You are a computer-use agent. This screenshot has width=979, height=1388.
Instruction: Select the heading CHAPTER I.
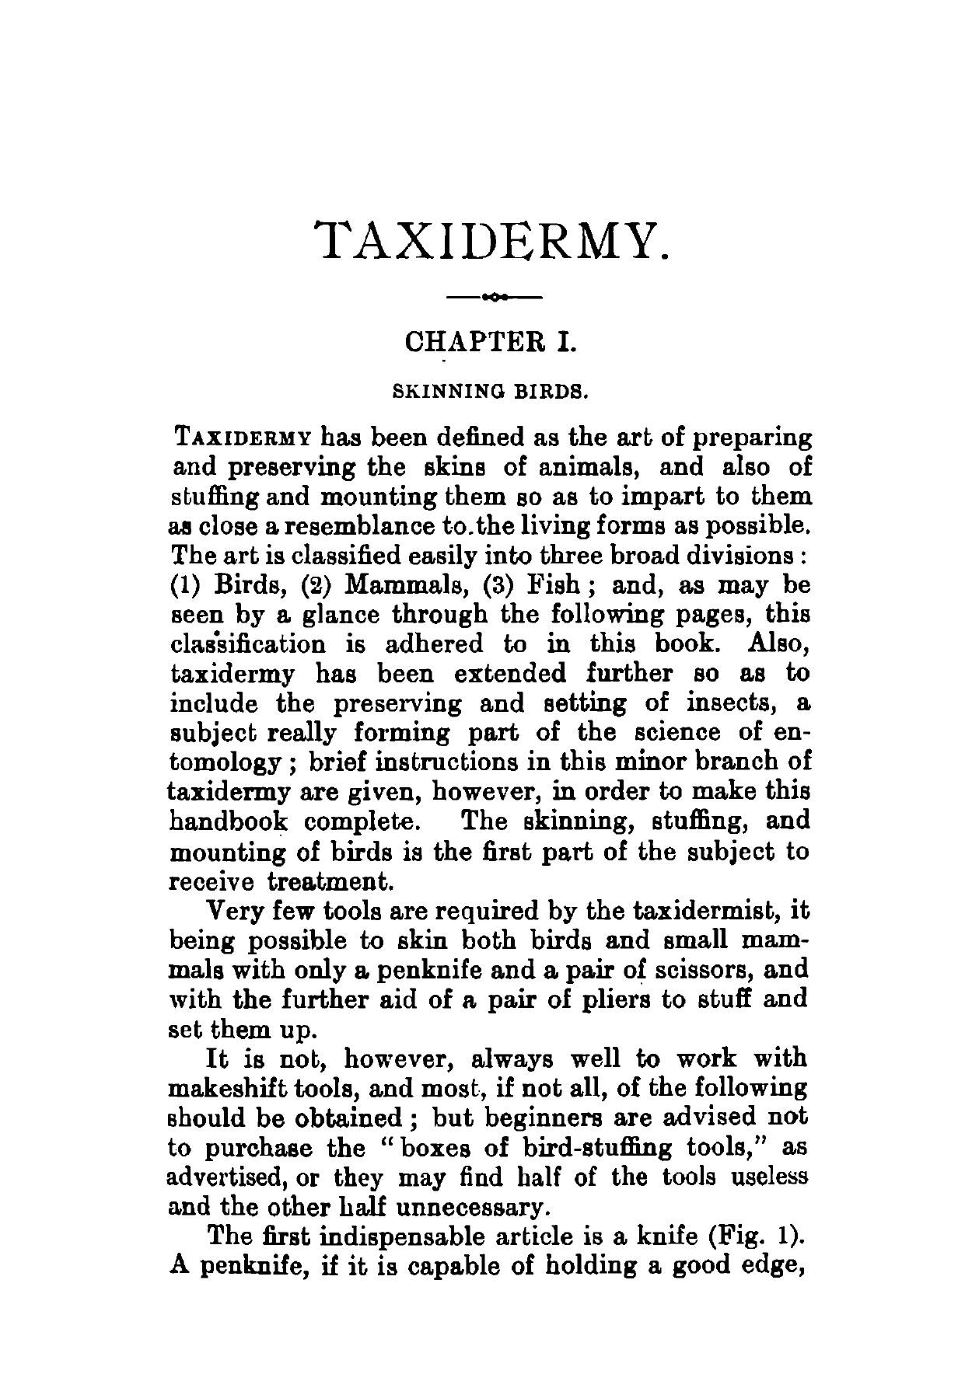tap(491, 342)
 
